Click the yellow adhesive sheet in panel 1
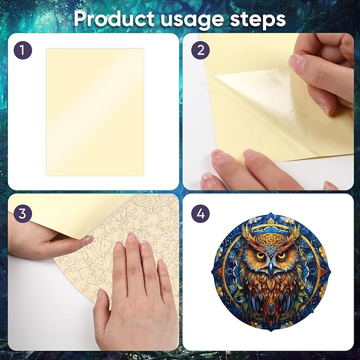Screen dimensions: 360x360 95,111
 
